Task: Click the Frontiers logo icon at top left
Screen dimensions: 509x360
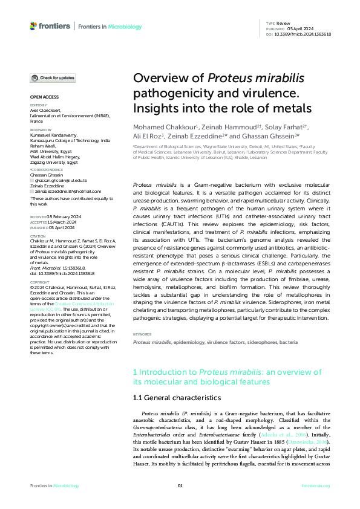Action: click(x=33, y=26)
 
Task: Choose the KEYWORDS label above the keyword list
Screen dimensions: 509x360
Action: click(x=142, y=334)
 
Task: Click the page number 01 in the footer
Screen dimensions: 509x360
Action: click(x=180, y=486)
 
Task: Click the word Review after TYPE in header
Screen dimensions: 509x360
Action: click(x=284, y=22)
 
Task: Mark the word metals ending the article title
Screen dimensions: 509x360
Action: click(x=292, y=108)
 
